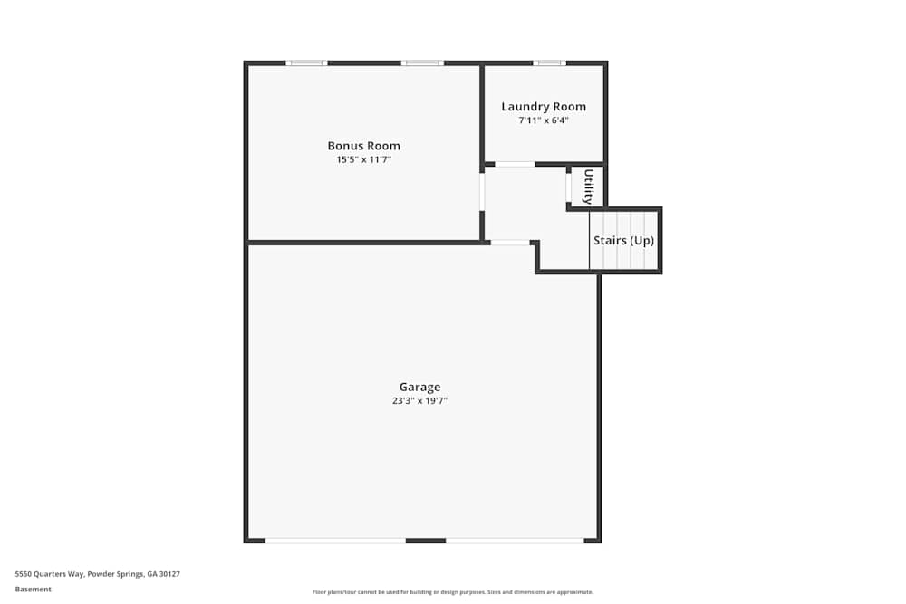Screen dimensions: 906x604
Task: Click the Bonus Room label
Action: pyautogui.click(x=363, y=146)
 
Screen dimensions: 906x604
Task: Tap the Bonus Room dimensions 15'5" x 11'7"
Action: pyautogui.click(x=363, y=159)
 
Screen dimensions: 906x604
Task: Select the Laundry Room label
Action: pyautogui.click(x=543, y=107)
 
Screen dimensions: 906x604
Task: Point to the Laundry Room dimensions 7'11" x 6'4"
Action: pyautogui.click(x=543, y=120)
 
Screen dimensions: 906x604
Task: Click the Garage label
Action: pyautogui.click(x=419, y=387)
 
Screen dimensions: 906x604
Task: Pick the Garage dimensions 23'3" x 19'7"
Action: pyautogui.click(x=419, y=401)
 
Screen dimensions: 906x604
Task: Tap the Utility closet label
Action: pyautogui.click(x=588, y=187)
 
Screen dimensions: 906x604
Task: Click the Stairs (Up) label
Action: pyautogui.click(x=623, y=240)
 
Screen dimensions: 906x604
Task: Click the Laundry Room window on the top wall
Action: pyautogui.click(x=550, y=63)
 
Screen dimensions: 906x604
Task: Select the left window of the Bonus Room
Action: pyautogui.click(x=307, y=63)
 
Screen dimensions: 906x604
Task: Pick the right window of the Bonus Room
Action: pyautogui.click(x=422, y=63)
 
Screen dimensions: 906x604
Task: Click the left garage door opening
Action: pyautogui.click(x=335, y=541)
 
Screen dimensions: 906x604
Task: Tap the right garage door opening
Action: pyautogui.click(x=515, y=541)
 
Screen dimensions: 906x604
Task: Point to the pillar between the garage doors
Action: pyautogui.click(x=426, y=541)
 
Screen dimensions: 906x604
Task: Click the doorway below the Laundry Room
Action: pyautogui.click(x=515, y=165)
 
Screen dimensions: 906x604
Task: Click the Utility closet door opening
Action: pyautogui.click(x=569, y=187)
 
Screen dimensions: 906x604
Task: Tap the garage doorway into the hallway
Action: pyautogui.click(x=509, y=243)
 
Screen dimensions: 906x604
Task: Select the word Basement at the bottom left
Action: pyautogui.click(x=33, y=589)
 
